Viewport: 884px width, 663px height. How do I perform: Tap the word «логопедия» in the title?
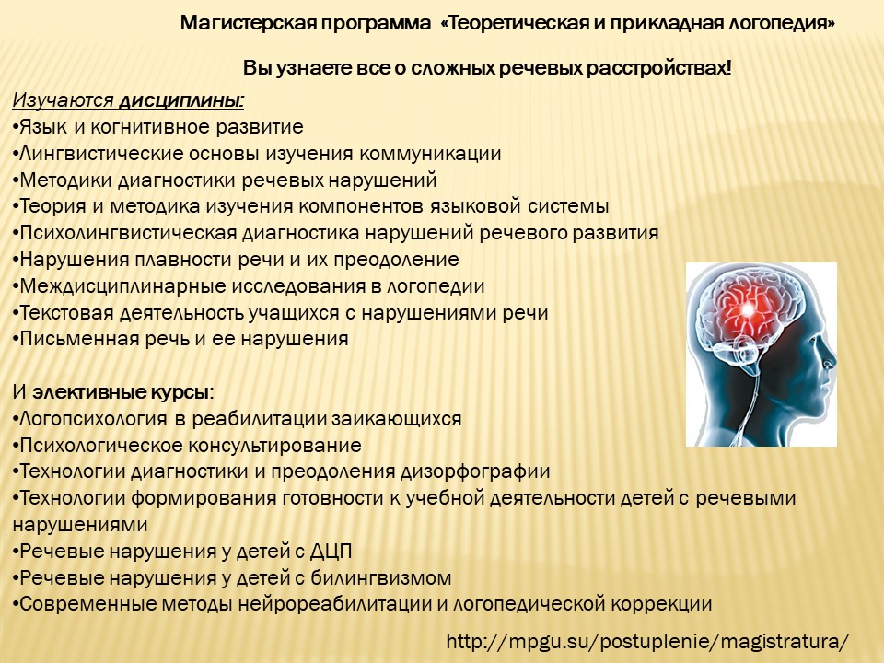click(x=782, y=24)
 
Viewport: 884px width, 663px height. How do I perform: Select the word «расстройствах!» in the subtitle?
click(x=658, y=69)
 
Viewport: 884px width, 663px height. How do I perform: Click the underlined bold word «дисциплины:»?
click(x=181, y=101)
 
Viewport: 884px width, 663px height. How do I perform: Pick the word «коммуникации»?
click(x=430, y=154)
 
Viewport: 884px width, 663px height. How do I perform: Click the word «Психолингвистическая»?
click(x=128, y=233)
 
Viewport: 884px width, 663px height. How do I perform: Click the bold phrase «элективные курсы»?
click(x=121, y=392)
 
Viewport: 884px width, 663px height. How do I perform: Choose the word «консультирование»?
click(x=274, y=446)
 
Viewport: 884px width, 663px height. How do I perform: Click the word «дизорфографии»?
click(x=475, y=471)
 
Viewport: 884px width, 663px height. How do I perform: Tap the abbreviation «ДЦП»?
click(x=331, y=551)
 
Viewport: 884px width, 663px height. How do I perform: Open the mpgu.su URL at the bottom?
click(x=647, y=642)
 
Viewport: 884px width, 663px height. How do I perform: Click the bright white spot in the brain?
click(x=748, y=309)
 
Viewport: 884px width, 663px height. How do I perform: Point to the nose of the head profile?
click(x=830, y=361)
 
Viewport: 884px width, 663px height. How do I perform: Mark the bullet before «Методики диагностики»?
click(x=16, y=181)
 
